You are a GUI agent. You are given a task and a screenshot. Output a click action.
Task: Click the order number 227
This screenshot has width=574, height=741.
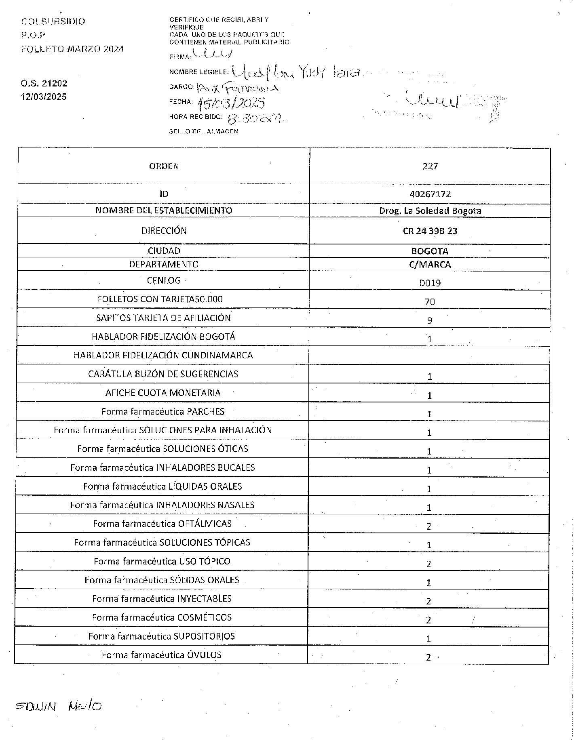click(430, 166)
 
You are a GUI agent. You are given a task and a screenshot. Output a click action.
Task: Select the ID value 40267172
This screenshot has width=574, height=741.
click(430, 194)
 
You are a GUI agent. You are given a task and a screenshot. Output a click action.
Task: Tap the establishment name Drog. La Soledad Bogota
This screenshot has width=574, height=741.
click(430, 211)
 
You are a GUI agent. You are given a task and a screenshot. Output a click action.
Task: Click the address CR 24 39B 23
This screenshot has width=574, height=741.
click(430, 231)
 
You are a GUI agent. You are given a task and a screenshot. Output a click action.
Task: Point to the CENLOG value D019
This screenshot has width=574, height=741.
click(430, 283)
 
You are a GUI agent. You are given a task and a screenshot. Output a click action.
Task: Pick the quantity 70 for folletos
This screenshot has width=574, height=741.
click(430, 301)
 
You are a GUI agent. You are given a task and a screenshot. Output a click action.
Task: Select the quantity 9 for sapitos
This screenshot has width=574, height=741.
click(430, 320)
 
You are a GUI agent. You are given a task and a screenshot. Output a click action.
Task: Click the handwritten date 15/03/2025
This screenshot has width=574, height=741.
click(231, 103)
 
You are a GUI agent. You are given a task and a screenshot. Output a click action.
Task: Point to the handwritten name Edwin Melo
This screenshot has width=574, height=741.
click(58, 706)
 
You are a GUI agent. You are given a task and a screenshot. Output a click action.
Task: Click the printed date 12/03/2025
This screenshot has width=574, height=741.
click(44, 97)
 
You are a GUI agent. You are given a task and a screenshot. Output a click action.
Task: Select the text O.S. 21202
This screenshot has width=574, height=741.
click(44, 84)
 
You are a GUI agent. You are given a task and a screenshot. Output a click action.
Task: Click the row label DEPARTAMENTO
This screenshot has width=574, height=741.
click(164, 264)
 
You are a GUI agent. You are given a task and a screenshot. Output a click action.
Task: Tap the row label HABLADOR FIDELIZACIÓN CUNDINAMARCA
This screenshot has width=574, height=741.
click(163, 355)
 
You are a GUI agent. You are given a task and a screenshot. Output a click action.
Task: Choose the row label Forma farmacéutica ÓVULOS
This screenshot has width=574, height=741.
click(161, 655)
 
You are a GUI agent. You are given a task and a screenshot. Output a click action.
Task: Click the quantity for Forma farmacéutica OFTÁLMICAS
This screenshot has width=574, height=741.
click(429, 526)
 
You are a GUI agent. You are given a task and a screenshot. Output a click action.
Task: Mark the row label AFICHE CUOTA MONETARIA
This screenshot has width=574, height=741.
click(163, 393)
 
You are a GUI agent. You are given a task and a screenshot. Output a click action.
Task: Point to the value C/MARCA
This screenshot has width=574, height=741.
click(430, 265)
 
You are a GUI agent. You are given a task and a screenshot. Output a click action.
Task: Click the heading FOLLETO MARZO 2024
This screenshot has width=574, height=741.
click(72, 49)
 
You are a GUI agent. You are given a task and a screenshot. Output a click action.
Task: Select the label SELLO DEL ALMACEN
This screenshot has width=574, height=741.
click(203, 131)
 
